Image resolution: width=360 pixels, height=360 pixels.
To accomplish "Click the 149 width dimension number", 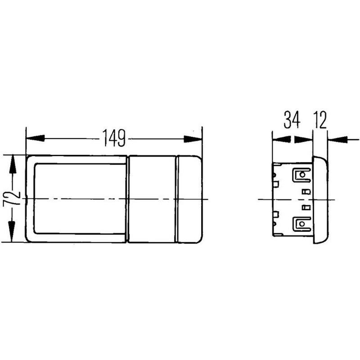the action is [114, 138].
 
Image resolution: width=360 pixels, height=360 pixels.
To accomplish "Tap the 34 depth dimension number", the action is [292, 120].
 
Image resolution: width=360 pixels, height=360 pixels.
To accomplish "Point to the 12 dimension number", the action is [320, 120].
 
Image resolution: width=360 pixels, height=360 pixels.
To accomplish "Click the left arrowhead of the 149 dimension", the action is [36, 139].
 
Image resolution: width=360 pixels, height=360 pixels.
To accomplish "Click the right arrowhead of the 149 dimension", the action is [193, 139].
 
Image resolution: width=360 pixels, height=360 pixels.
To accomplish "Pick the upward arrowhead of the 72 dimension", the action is [13, 164].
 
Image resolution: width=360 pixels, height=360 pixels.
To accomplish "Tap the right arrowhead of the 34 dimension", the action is [303, 139].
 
